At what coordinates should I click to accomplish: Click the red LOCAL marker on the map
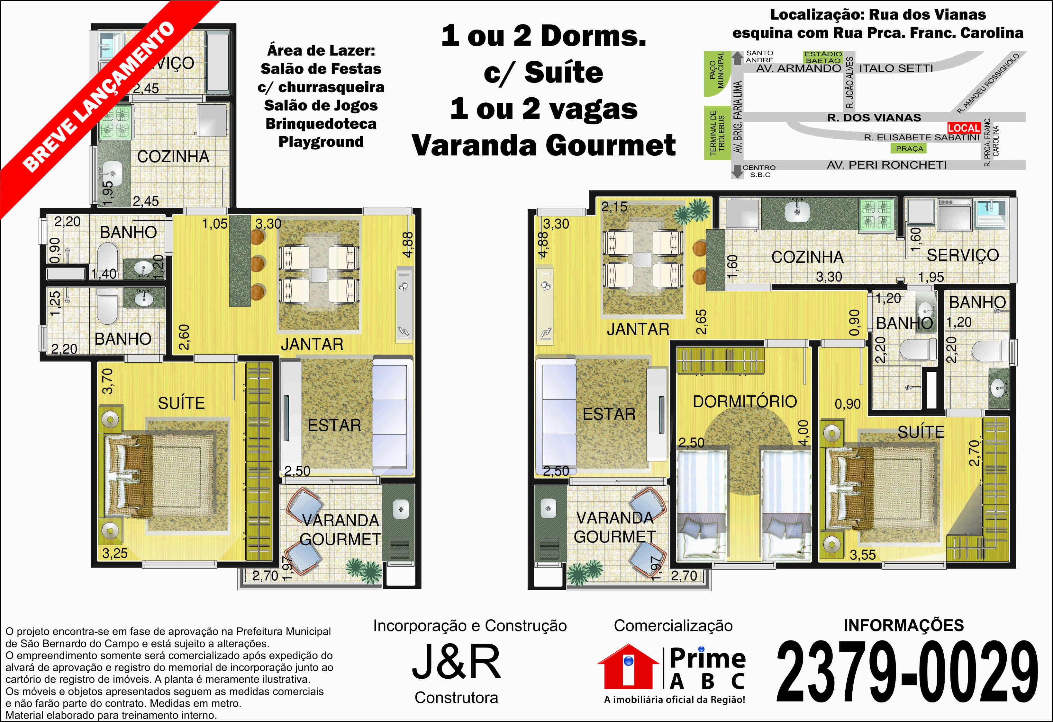964,128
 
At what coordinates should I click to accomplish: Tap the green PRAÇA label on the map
909,148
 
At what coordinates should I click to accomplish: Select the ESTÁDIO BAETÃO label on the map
823,57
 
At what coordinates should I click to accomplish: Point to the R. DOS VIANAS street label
874,118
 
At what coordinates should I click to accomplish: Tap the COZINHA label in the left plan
173,157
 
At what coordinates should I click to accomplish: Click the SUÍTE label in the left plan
181,403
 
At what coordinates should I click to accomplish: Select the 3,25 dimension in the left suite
115,553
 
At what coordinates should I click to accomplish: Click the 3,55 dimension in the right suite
862,555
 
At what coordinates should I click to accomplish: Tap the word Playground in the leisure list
321,142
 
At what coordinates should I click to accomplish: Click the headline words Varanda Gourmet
543,145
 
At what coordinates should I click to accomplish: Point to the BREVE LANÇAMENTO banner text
98,97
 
